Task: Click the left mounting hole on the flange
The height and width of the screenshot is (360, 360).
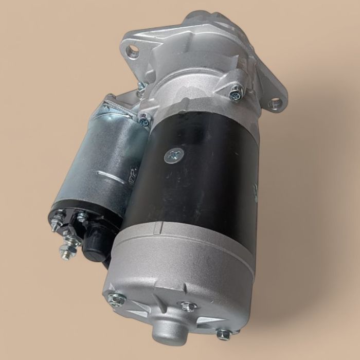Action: (133, 50)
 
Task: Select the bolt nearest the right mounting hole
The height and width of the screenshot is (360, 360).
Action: (236, 93)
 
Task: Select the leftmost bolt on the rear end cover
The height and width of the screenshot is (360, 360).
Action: (116, 297)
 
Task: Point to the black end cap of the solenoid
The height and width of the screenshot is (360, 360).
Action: (77, 226)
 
